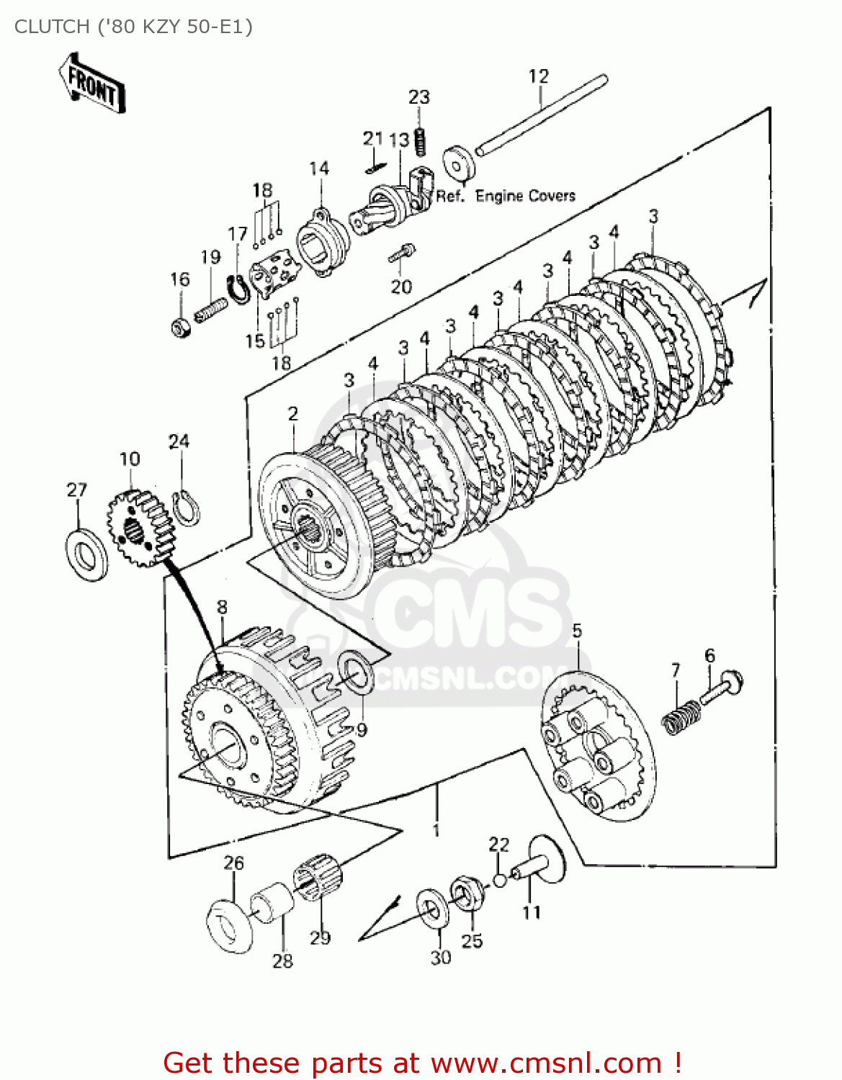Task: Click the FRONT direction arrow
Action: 92,85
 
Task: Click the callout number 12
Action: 538,76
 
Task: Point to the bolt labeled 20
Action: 401,253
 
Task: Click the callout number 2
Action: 292,414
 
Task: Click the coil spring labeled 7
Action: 681,717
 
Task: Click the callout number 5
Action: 577,631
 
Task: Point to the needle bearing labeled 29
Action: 318,876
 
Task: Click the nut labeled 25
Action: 466,894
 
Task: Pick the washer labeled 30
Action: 432,909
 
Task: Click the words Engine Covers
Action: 525,196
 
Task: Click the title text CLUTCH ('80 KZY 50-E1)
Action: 133,27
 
